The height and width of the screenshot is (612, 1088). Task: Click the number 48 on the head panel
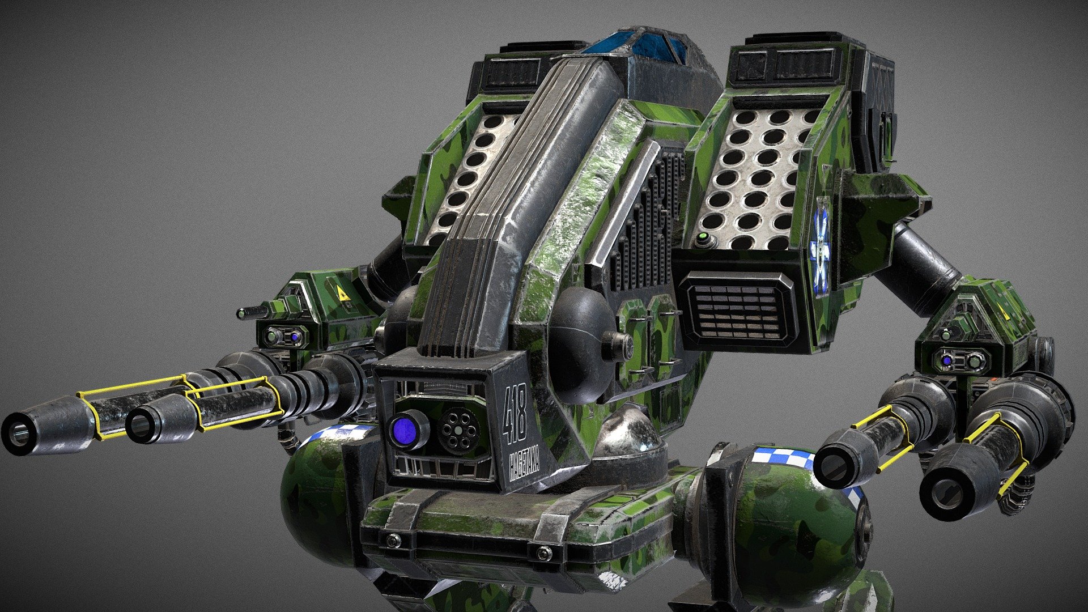(x=515, y=415)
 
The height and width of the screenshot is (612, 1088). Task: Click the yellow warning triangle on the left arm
(x=341, y=293)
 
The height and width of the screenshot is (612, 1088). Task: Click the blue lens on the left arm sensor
(x=295, y=337)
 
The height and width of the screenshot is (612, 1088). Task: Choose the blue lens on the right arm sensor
(x=946, y=359)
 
